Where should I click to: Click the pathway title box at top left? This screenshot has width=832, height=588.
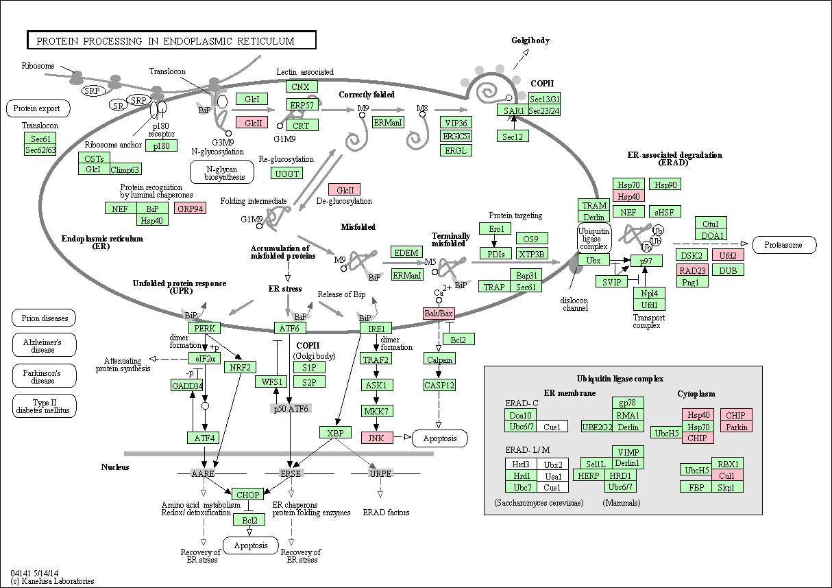click(x=171, y=40)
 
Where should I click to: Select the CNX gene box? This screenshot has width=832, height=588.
click(x=302, y=86)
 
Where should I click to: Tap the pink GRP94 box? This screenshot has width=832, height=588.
click(x=190, y=209)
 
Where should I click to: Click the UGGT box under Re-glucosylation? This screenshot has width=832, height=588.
click(x=286, y=174)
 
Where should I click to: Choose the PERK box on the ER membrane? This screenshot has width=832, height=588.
click(x=205, y=328)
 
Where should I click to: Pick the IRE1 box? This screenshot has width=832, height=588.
click(x=376, y=329)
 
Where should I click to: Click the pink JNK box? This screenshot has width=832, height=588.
click(x=377, y=438)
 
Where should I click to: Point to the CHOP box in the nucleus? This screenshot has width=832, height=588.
click(x=247, y=495)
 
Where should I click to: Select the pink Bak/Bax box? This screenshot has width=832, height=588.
click(x=439, y=314)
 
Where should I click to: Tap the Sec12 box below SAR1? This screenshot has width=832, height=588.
click(x=513, y=136)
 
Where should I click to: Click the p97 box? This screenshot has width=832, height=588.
click(x=646, y=261)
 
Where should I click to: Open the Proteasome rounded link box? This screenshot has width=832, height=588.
click(x=785, y=245)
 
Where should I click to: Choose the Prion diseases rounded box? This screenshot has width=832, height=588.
click(x=44, y=318)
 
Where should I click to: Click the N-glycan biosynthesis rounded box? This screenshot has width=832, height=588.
click(x=222, y=172)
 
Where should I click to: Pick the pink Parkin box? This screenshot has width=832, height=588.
click(x=737, y=427)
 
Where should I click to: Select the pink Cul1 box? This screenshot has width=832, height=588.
click(x=727, y=475)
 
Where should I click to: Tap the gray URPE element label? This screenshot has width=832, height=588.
click(x=380, y=473)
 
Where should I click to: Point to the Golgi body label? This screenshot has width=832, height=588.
click(x=530, y=40)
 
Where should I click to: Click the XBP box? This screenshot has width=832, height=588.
click(x=335, y=432)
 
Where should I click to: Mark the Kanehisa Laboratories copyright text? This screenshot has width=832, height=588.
click(x=52, y=581)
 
